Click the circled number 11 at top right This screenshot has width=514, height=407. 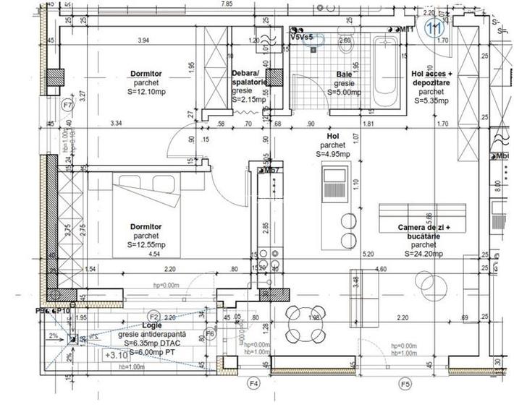[435, 29]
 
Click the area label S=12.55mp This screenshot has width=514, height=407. [146, 245]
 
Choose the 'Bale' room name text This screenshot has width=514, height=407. [344, 74]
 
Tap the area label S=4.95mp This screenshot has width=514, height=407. [332, 154]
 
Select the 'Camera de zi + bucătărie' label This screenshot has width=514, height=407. [429, 233]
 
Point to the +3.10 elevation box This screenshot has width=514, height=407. [116, 355]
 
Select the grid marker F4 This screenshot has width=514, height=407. [253, 382]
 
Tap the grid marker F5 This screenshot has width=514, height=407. [405, 382]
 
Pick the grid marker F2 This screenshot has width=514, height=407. [153, 317]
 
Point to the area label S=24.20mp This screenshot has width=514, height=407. [429, 254]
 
